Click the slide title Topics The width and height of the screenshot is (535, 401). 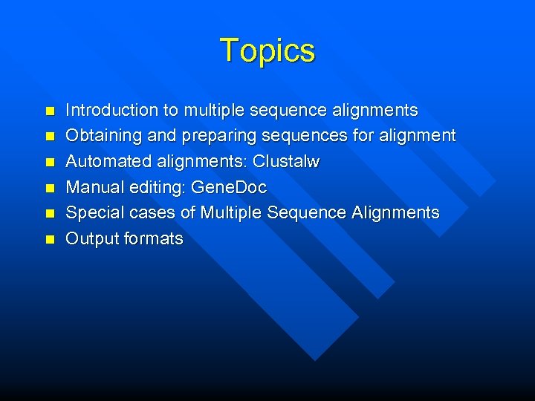267,50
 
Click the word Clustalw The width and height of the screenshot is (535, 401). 286,162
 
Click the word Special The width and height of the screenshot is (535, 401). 93,213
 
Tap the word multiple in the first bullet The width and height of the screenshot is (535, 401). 217,111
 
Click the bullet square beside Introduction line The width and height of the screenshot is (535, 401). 50,111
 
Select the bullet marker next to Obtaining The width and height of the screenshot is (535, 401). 50,137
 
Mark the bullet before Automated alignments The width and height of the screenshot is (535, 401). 50,163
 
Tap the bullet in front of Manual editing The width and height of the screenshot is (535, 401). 50,188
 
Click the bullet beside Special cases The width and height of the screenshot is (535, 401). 50,214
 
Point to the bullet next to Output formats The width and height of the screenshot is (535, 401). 50,239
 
